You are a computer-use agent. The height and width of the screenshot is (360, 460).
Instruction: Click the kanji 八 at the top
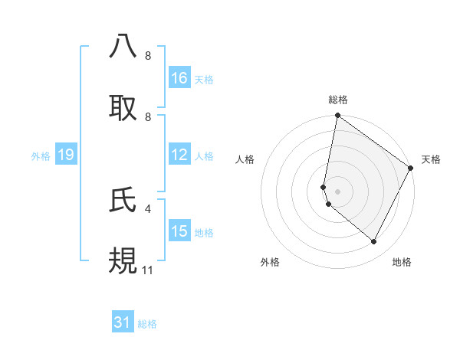point(123,45)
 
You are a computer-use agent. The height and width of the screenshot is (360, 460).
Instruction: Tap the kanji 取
point(123,108)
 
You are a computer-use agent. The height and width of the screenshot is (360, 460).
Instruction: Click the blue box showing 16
point(179,78)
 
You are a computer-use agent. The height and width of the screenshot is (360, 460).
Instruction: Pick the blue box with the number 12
point(179,155)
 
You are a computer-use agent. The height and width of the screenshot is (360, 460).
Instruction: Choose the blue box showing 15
point(179,231)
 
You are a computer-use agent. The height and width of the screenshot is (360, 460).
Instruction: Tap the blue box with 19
point(65,155)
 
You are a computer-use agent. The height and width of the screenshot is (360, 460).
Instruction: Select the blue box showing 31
point(123,323)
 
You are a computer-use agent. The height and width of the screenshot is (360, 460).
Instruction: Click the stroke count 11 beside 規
point(148,270)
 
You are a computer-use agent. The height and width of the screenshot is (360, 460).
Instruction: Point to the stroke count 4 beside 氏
point(148,207)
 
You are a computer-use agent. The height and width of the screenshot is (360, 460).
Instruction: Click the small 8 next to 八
point(148,55)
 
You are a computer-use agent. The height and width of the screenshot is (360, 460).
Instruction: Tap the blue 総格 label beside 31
point(147,324)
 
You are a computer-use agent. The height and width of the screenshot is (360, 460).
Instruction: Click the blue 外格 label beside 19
point(41,155)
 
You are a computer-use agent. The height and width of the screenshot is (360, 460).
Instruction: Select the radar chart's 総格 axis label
point(338,100)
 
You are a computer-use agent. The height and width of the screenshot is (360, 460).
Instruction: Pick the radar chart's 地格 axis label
point(402,262)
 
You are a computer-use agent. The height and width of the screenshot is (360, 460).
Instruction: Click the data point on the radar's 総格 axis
point(337,116)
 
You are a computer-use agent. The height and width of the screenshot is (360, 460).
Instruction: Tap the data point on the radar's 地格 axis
point(374,242)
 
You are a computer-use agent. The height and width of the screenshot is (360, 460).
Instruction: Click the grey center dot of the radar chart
point(337,191)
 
